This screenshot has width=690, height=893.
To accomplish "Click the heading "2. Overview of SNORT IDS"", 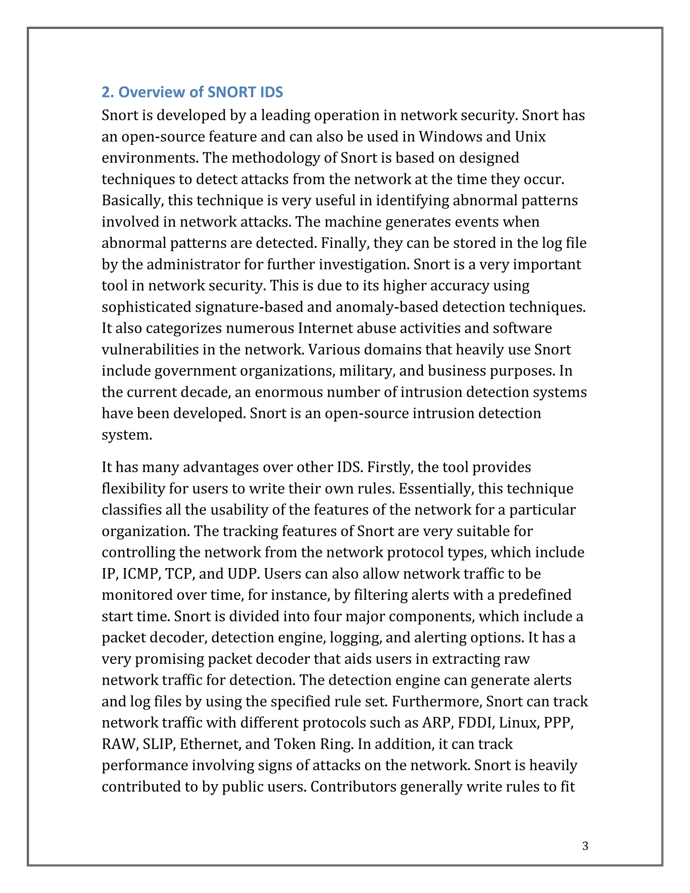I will (x=192, y=92).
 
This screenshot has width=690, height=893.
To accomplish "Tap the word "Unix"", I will (x=530, y=136).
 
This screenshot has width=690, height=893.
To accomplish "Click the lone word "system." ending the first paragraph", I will (x=127, y=435).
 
